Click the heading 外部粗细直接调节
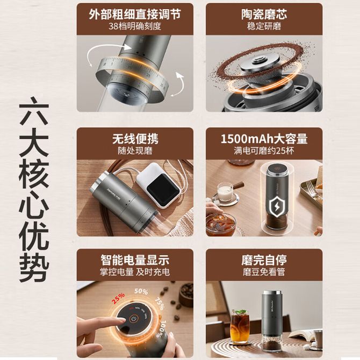click(135, 14)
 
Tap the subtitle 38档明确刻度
click(135, 26)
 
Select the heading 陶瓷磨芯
click(264, 14)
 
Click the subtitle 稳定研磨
click(264, 26)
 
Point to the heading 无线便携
click(135, 139)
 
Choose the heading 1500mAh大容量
click(264, 139)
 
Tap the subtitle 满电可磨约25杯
click(264, 151)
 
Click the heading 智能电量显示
click(135, 260)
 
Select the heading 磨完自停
click(264, 260)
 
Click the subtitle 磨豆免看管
click(264, 272)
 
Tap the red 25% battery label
click(118, 298)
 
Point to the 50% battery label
click(141, 292)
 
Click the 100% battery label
click(162, 329)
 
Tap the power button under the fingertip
click(133, 319)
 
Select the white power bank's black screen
click(163, 190)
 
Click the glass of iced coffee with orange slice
click(240, 326)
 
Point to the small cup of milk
click(224, 192)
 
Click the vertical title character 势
click(34, 267)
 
